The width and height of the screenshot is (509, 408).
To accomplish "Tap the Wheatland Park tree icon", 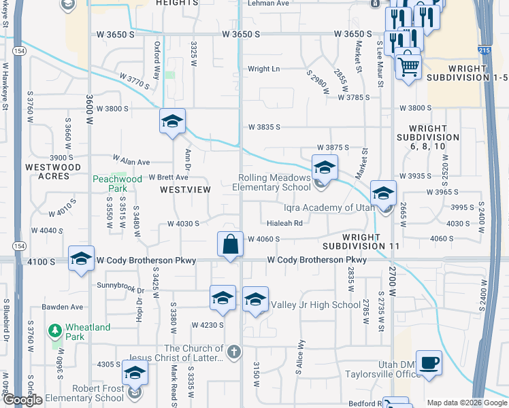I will (56, 330).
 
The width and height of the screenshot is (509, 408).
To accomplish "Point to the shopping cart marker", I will (408, 66).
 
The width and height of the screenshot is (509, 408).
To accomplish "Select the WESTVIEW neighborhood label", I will (185, 190).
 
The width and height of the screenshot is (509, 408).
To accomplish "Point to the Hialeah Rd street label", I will (284, 222).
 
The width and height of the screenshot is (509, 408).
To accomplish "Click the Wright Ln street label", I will (263, 69).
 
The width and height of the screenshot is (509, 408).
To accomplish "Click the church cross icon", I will (233, 352).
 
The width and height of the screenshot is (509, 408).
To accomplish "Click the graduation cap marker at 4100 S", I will (81, 259).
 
